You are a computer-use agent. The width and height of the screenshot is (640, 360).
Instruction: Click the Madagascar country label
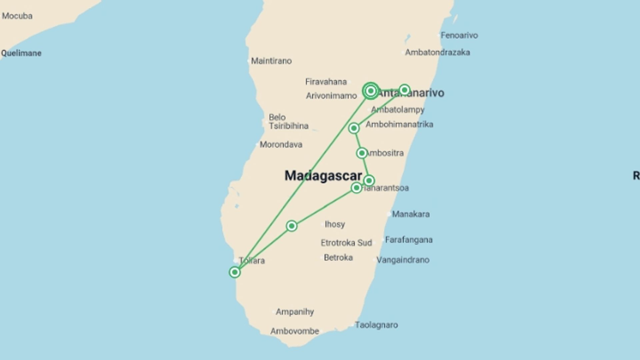tap(323, 176)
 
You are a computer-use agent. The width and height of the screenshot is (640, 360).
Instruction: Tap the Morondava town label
tap(281, 145)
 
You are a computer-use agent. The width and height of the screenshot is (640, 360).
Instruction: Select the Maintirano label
tap(271, 61)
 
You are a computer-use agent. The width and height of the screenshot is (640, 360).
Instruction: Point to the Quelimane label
tap(21, 53)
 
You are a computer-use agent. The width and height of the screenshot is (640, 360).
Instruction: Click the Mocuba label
tap(17, 16)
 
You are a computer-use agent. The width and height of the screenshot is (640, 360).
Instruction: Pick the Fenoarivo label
tap(459, 35)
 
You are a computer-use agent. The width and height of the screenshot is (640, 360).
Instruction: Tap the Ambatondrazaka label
tap(437, 52)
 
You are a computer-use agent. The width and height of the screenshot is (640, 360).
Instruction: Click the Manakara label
tap(411, 214)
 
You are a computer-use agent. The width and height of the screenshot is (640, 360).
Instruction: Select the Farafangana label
tap(409, 240)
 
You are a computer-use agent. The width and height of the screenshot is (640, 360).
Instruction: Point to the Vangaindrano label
tap(403, 260)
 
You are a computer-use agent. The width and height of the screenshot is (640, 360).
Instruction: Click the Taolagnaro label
tap(376, 325)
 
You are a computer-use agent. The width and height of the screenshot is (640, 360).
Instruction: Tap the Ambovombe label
tap(294, 331)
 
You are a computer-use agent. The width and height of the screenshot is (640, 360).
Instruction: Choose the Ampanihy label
tap(295, 312)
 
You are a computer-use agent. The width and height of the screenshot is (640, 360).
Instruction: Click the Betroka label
tap(338, 258)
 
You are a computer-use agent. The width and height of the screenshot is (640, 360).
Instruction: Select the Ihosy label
tap(335, 224)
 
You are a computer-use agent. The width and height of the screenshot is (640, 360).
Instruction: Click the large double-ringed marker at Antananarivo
tap(371, 91)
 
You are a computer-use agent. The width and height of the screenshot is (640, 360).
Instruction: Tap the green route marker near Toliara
tap(235, 272)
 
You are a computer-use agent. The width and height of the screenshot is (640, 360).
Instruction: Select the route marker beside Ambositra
tap(362, 153)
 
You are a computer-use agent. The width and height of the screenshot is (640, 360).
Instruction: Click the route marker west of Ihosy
tap(292, 226)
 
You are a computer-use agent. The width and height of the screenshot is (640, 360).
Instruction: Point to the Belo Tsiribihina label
tap(288, 122)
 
